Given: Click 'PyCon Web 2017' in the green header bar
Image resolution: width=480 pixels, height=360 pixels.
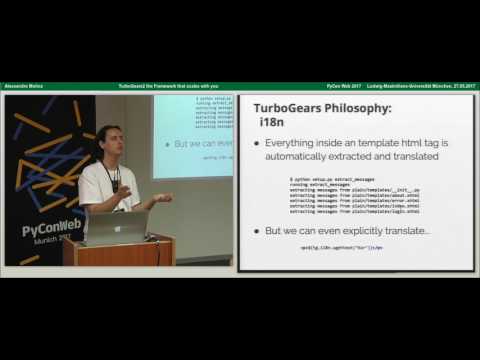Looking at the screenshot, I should tap(319, 87).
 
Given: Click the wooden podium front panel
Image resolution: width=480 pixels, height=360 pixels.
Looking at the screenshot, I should tap(119, 255).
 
